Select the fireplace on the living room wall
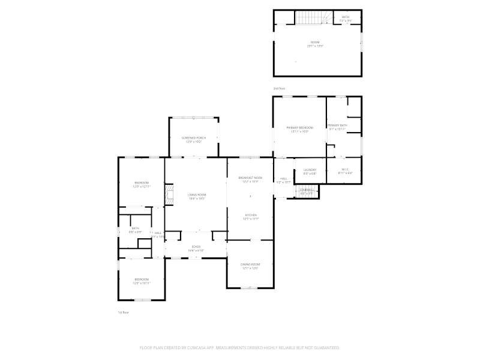pos(169,195)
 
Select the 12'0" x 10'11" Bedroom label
pos(142,280)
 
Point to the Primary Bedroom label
pos(299,128)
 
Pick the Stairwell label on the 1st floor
pos(306,191)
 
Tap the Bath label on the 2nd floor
pos(346,17)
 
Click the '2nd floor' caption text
pos(279,88)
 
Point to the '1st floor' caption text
pos(123,312)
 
